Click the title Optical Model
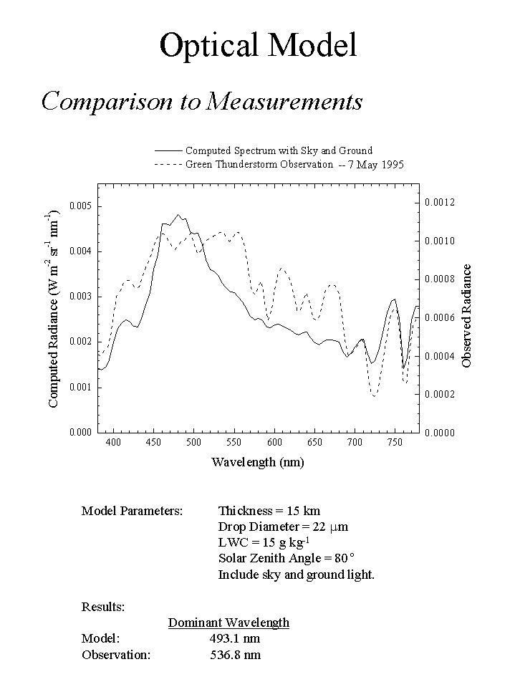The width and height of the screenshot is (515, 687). point(258,45)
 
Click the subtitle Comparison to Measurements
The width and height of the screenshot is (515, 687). point(202,101)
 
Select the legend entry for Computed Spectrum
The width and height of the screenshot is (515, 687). point(279,150)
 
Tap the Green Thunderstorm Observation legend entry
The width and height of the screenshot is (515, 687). point(259,164)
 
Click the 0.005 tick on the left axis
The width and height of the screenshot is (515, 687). point(80,206)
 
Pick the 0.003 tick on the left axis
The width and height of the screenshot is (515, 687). point(80,297)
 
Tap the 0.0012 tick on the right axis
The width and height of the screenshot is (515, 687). point(440,203)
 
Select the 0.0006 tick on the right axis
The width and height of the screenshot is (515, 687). point(440,317)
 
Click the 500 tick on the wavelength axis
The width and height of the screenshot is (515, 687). point(193,443)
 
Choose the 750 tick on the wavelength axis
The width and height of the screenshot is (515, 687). point(395,443)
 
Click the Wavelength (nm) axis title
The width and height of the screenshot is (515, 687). point(257,462)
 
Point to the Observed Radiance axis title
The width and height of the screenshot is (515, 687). point(467,316)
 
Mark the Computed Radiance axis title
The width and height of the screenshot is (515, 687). point(54,310)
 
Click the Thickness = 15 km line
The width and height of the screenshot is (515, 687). point(269,511)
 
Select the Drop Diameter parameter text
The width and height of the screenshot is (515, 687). point(283,527)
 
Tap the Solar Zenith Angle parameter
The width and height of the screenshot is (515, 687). point(287,558)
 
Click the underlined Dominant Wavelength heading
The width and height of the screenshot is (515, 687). point(228,623)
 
